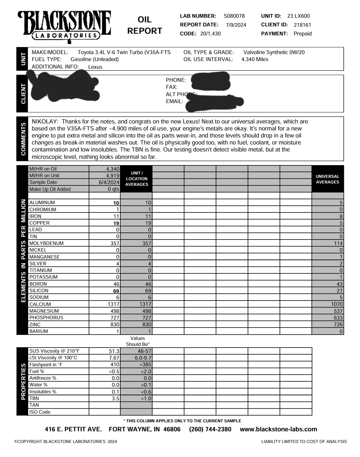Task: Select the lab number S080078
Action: [x=234, y=16]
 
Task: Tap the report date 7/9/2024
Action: [x=236, y=25]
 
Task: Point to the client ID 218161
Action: [x=302, y=25]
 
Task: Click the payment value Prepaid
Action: [x=303, y=34]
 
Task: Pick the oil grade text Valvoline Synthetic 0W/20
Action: [x=274, y=52]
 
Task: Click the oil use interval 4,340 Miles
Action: [x=255, y=59]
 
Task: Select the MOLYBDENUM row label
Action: [x=46, y=243]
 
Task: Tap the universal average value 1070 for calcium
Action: [x=337, y=304]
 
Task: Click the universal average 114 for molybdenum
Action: [x=338, y=244]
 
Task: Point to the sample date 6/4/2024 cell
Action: [x=109, y=182]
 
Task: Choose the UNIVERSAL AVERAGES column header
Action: [x=327, y=179]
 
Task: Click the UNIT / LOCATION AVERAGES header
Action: [x=137, y=179]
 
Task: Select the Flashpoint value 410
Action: [x=115, y=365]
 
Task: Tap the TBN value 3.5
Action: [x=115, y=399]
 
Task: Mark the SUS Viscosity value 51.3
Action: [x=114, y=351]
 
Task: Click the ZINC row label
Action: [x=35, y=325]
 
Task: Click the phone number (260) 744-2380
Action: [x=210, y=429]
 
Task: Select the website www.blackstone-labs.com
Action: [x=278, y=429]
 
